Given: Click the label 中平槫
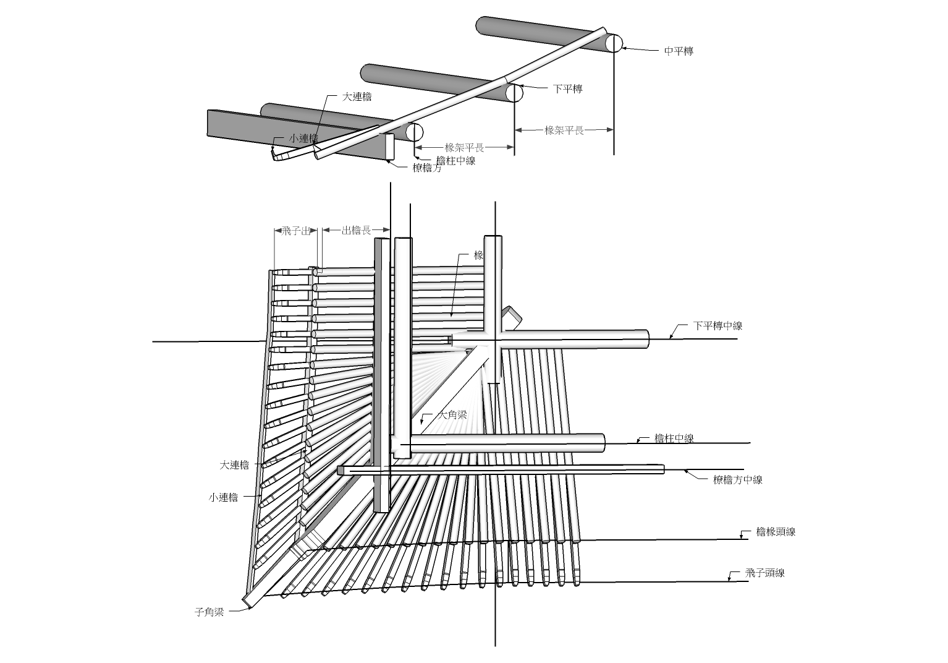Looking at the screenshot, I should point(679,51).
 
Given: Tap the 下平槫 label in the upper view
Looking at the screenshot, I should point(567,89).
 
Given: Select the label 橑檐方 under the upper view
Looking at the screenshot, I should point(427,168).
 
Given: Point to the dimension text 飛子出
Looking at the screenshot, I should point(295,231).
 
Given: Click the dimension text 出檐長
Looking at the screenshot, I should point(357,231).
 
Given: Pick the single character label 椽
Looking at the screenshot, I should point(478,255).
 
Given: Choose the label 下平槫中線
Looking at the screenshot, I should point(717,326).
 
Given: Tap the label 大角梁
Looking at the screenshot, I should point(452,415).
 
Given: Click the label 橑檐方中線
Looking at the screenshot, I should point(737,480).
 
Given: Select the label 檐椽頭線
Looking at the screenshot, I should point(776,532).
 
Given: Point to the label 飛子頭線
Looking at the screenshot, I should point(764,573).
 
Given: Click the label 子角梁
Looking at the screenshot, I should point(209,612).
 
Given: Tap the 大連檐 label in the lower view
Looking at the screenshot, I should point(234,465).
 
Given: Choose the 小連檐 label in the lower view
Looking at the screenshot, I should point(223,497).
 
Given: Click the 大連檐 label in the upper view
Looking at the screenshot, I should point(357,97).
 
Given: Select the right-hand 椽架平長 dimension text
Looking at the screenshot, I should point(564,130).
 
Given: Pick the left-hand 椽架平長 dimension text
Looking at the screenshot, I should point(464,148).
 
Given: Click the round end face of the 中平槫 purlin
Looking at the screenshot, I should point(614,43).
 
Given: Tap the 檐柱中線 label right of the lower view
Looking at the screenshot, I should point(674,438).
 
